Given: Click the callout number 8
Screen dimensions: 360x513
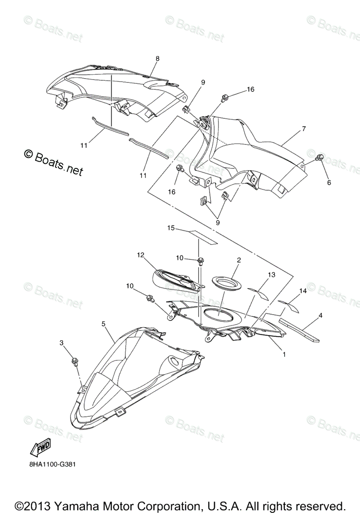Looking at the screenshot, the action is pyautogui.click(x=157, y=59).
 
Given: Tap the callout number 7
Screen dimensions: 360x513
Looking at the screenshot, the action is pyautogui.click(x=304, y=128).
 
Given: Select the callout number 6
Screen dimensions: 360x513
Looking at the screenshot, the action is pyautogui.click(x=329, y=182).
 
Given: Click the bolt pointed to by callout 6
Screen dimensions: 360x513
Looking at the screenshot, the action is pyautogui.click(x=319, y=158).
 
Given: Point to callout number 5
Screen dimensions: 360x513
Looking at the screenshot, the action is pyautogui.click(x=103, y=324).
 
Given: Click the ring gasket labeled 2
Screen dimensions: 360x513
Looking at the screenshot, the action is pyautogui.click(x=227, y=283).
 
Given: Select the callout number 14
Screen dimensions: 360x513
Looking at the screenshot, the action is pyautogui.click(x=303, y=291).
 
